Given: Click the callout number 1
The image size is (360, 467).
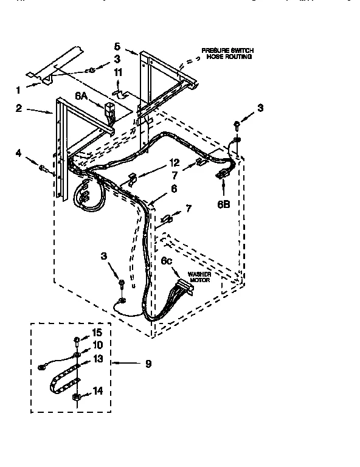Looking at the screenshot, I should pos(18,90).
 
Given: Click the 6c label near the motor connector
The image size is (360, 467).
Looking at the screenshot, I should pos(168,261).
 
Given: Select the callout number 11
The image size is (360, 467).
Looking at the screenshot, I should pos(119,72).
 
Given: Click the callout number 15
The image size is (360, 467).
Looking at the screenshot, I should pos(96,332).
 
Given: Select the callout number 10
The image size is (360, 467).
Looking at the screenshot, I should pos(96,345).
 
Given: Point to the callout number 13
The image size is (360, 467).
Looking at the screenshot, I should pos(96,360).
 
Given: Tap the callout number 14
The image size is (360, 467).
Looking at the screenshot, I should pos(96,392).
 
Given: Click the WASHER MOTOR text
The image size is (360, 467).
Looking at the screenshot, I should pos(199,277).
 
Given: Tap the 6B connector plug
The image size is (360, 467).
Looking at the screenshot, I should pos(223,175).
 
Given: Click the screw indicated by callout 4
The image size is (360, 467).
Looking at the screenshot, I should pos(44,168).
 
